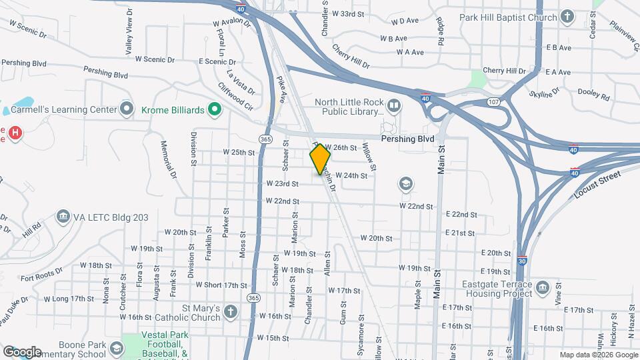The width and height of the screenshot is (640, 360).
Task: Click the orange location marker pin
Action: pyautogui.click(x=321, y=159)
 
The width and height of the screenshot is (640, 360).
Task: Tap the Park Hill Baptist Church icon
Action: pyautogui.click(x=567, y=17)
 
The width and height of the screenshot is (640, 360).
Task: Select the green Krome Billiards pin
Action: pyautogui.click(x=214, y=109)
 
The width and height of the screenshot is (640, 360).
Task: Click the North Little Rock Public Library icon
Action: pyautogui.click(x=395, y=106)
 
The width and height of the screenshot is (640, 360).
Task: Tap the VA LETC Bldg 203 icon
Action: pyautogui.click(x=63, y=217)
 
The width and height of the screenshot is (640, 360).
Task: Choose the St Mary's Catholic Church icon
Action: pyautogui.click(x=230, y=311)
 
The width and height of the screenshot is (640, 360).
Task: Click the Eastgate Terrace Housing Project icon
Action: pyautogui.click(x=542, y=287)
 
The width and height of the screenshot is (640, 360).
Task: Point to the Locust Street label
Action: pyautogui.click(x=597, y=185)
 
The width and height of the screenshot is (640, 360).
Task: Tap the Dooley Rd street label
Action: pyautogui.click(x=593, y=95)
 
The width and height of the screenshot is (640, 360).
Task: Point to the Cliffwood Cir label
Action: pyautogui.click(x=235, y=96)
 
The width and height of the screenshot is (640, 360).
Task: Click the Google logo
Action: pyautogui.click(x=22, y=352)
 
